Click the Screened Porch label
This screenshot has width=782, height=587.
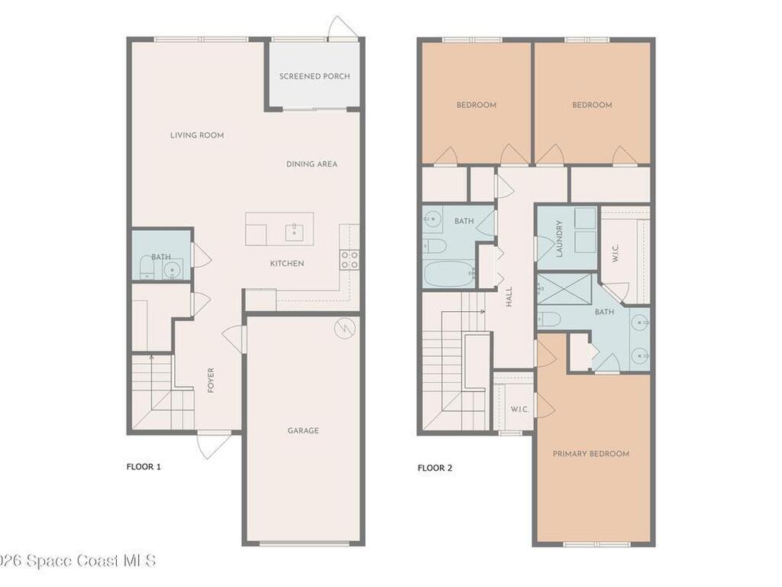315,76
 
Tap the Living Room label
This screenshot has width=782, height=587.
197,135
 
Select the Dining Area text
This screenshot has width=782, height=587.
312,164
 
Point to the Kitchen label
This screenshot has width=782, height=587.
287,264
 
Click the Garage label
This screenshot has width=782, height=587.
303,430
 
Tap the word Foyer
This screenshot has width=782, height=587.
211,380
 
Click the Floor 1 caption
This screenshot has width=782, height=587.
144,466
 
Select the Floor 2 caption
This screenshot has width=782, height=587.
435,468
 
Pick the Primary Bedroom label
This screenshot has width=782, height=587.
591,454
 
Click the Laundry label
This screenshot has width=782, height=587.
559,238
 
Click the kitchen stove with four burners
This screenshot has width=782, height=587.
350,259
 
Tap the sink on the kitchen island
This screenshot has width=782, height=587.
292,231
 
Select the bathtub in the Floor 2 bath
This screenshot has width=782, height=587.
450,273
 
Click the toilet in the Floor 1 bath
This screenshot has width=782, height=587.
147,268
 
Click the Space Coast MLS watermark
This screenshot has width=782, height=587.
76,560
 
